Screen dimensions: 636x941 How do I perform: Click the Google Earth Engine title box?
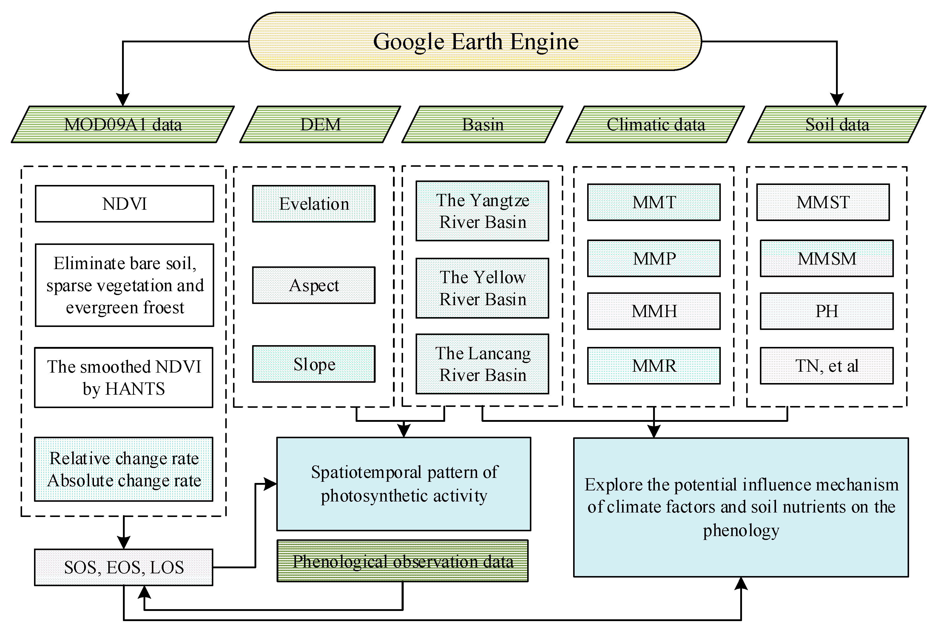click(x=475, y=41)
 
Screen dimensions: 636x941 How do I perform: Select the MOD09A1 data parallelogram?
click(x=123, y=124)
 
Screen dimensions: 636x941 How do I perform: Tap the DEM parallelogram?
click(x=320, y=124)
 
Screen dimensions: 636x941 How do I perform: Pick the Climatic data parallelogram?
click(x=655, y=124)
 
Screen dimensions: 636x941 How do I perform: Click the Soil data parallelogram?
click(x=837, y=124)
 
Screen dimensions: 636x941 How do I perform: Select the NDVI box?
click(x=124, y=204)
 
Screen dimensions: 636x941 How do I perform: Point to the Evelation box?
click(x=314, y=204)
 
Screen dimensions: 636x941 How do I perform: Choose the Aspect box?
click(x=314, y=285)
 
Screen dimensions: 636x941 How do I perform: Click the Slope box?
click(x=314, y=364)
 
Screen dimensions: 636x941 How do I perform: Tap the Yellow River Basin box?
click(x=482, y=288)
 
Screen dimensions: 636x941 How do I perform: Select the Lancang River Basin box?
click(x=482, y=364)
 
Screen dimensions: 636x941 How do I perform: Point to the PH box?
click(x=826, y=311)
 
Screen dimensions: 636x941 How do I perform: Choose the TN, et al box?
click(x=826, y=365)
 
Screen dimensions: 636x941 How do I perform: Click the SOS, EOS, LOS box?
click(x=124, y=567)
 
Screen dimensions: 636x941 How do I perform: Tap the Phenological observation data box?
click(x=402, y=561)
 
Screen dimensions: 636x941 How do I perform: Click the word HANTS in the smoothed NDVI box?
click(x=135, y=389)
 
